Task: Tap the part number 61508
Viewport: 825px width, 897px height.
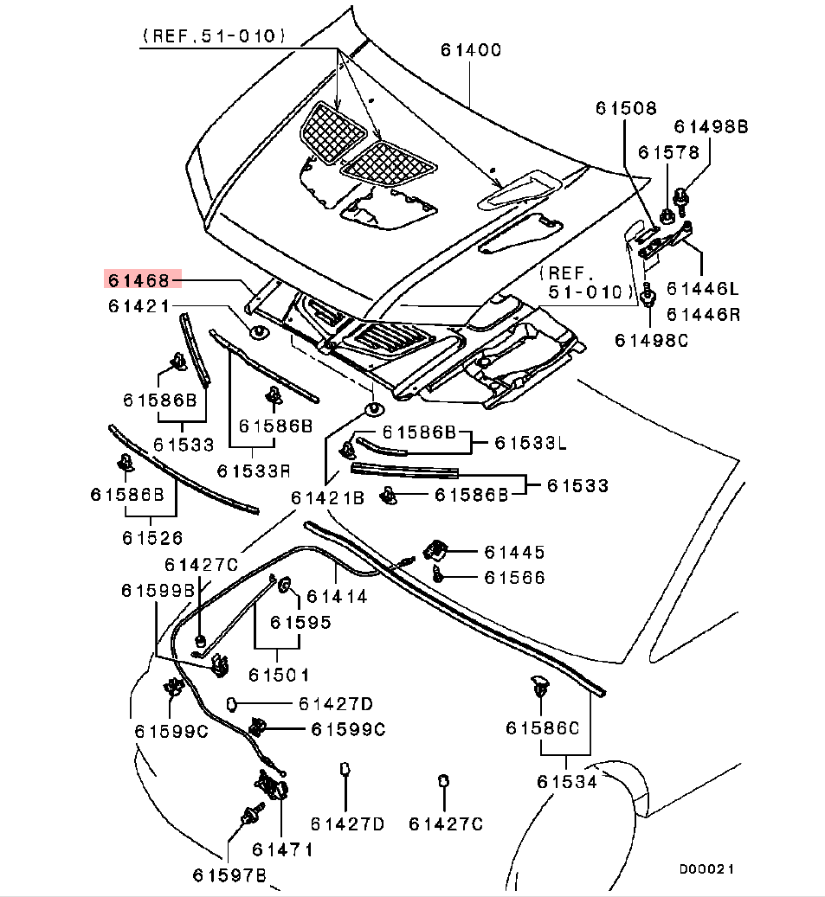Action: point(625,108)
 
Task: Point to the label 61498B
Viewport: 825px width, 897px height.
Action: point(711,126)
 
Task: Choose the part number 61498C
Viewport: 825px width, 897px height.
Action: point(651,340)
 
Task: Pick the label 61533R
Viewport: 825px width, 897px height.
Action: point(253,471)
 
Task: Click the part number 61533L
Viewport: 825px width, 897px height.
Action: point(531,444)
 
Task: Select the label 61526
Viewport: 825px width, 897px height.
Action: point(151,538)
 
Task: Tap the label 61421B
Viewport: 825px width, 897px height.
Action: point(327,497)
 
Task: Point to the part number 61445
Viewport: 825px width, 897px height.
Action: point(514,552)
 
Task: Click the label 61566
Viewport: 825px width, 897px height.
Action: point(514,577)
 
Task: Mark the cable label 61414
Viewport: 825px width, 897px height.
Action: point(337,596)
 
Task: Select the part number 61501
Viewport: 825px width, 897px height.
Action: point(279,673)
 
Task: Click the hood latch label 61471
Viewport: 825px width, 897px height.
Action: point(282,850)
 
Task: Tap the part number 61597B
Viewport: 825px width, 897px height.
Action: point(229,875)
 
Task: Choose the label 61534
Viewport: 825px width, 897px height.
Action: point(566,782)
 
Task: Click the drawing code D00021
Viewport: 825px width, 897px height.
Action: point(706,868)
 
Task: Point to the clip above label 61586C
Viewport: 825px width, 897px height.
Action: point(538,688)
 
